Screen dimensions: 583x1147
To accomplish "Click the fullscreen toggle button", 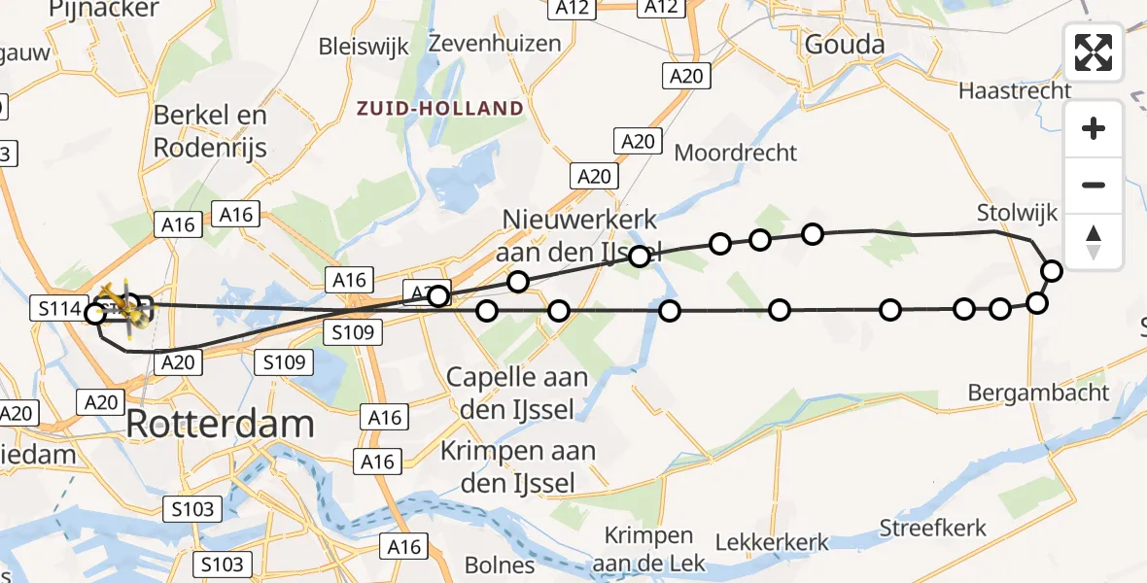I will click(1094, 52).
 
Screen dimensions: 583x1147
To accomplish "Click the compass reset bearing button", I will click(1094, 242).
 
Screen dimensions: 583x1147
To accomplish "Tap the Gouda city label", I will click(844, 44).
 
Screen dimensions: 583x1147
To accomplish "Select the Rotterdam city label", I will click(220, 425).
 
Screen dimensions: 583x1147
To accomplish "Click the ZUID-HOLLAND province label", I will click(439, 108).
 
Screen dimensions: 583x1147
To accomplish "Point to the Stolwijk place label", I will click(1016, 212).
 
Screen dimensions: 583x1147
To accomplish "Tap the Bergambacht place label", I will click(1038, 393).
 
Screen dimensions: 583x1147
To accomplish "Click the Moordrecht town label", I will click(735, 153).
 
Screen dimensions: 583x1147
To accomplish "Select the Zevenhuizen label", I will click(495, 44).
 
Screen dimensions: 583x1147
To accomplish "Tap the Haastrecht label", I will click(1014, 90).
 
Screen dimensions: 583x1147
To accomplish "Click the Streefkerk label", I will click(932, 529).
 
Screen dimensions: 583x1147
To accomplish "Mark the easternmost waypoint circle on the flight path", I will click(1051, 271).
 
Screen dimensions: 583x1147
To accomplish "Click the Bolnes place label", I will click(500, 565).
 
